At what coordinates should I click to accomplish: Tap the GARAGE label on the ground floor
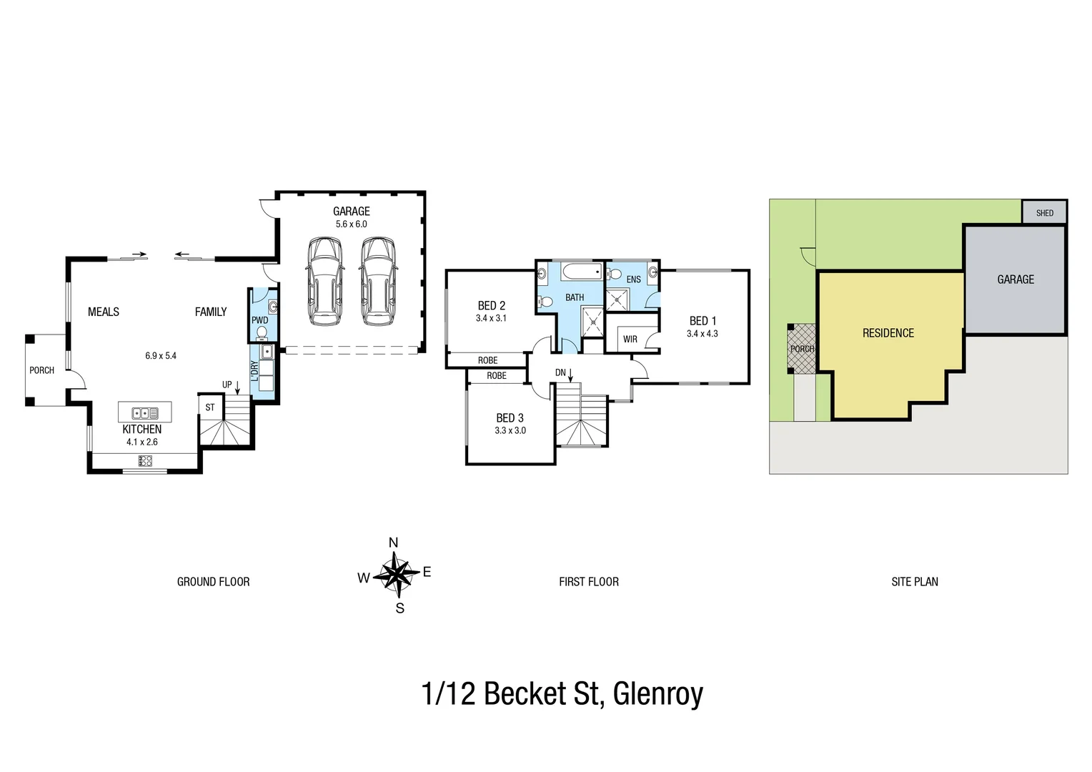(x=351, y=211)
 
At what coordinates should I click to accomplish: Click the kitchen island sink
(x=144, y=412)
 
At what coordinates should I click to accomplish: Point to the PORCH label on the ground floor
(x=41, y=370)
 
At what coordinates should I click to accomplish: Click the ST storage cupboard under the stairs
(x=210, y=407)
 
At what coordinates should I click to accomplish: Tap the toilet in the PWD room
(x=261, y=333)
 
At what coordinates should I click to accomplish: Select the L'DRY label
(x=254, y=370)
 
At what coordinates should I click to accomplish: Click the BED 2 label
(x=491, y=305)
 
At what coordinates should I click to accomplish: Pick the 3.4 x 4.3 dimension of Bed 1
(x=702, y=334)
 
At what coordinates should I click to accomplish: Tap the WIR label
(x=630, y=339)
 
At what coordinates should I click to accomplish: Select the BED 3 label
(x=510, y=417)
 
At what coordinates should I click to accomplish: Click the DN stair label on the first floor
(x=560, y=372)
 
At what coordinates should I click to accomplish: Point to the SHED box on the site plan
(x=1044, y=213)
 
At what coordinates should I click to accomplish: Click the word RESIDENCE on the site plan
(x=888, y=333)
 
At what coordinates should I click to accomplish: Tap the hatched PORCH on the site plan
(x=801, y=349)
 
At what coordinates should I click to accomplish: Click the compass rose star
(x=395, y=575)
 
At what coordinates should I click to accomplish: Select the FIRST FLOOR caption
(x=588, y=582)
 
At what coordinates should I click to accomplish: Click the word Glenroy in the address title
(x=657, y=693)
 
